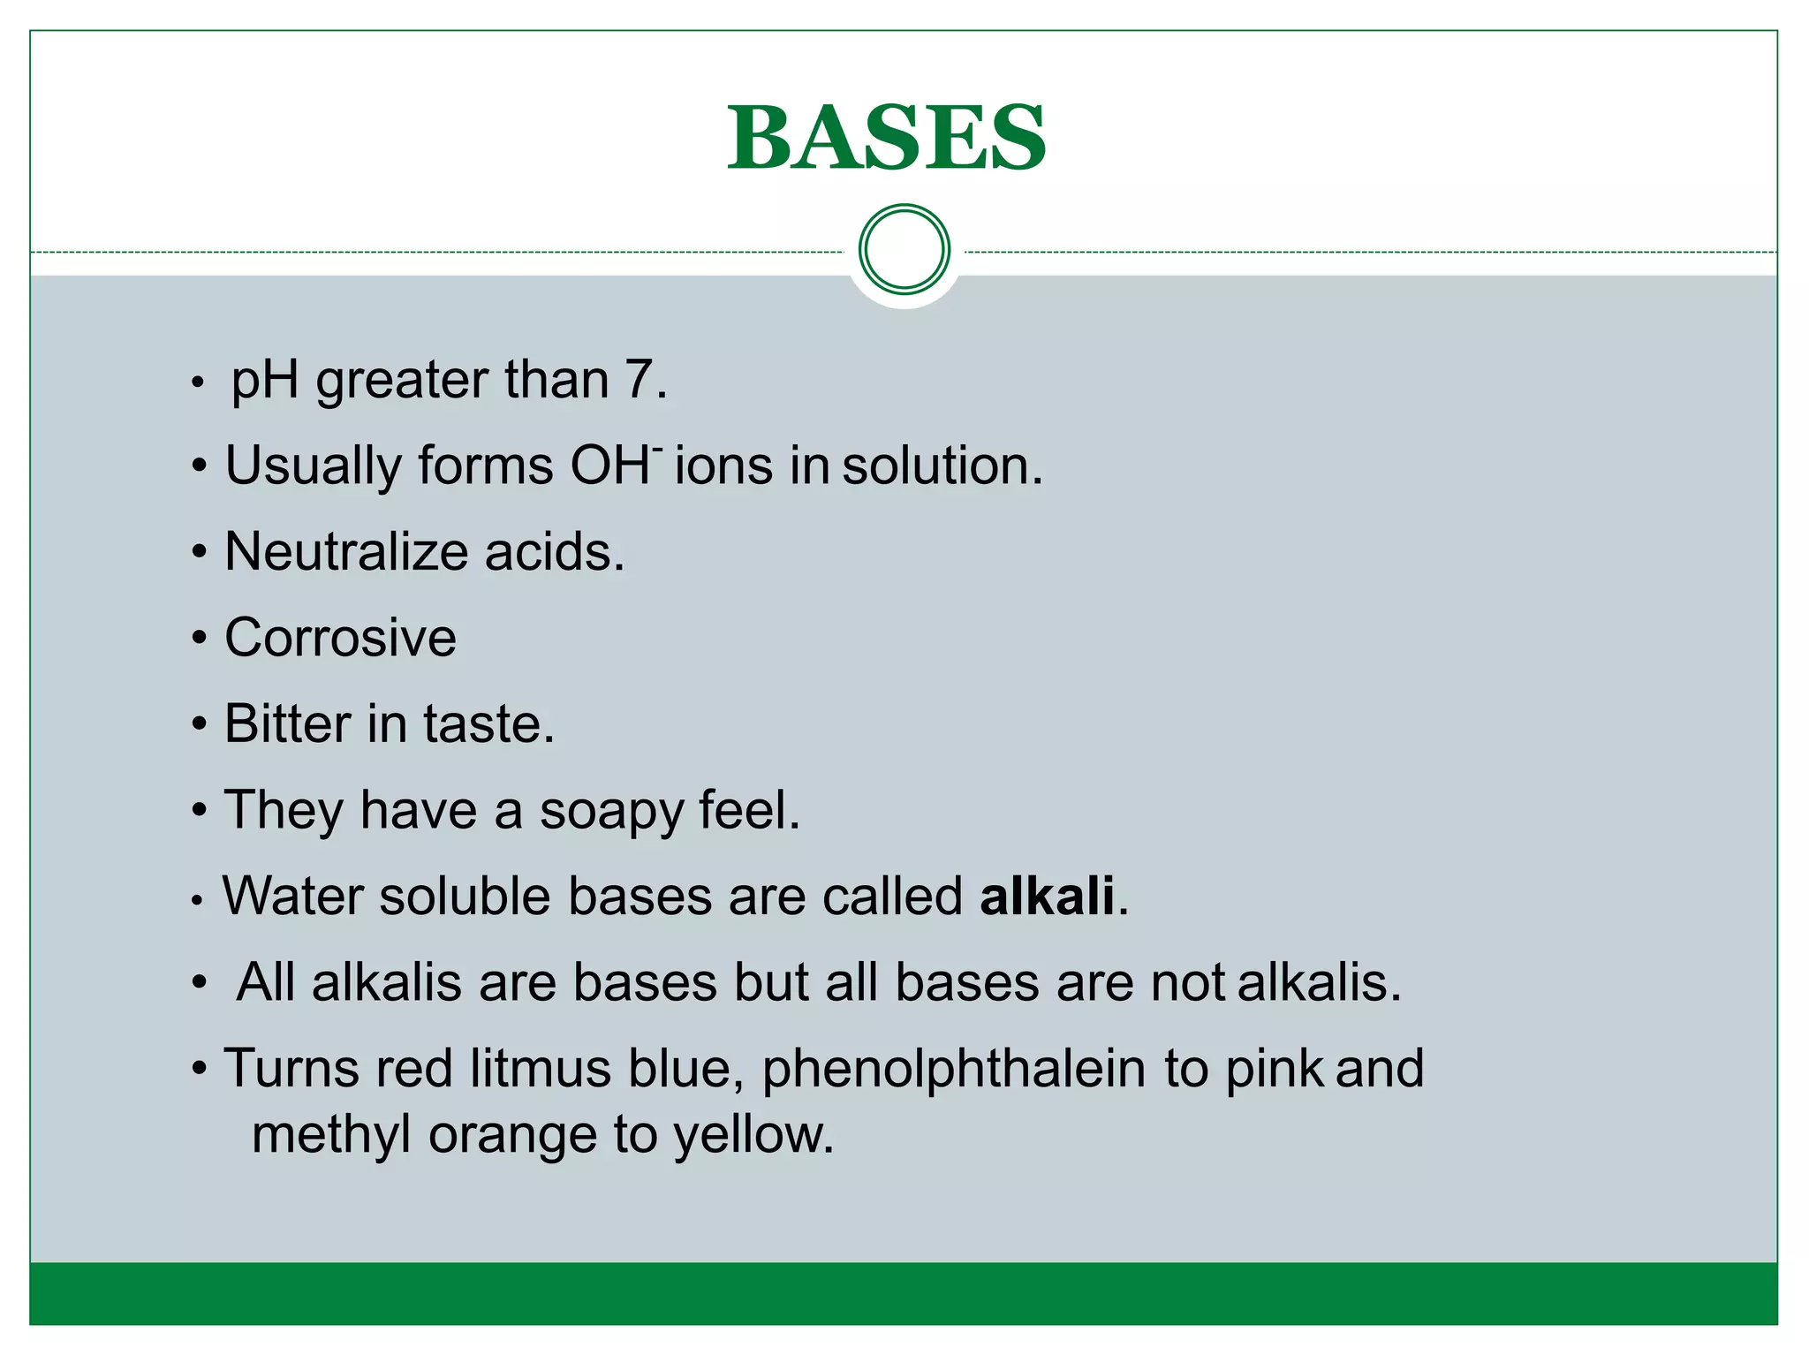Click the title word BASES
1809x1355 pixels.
tap(887, 138)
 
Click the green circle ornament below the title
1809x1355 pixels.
tap(904, 249)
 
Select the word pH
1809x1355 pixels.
tap(264, 382)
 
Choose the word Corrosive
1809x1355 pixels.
tap(340, 637)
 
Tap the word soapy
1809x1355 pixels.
tap(610, 811)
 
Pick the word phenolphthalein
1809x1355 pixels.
tap(953, 1069)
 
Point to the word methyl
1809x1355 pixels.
tap(331, 1135)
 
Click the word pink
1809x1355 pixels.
tap(1274, 1069)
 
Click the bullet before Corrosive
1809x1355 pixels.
tap(200, 638)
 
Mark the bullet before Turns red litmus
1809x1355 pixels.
tap(200, 1069)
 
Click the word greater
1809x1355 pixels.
tap(401, 382)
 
